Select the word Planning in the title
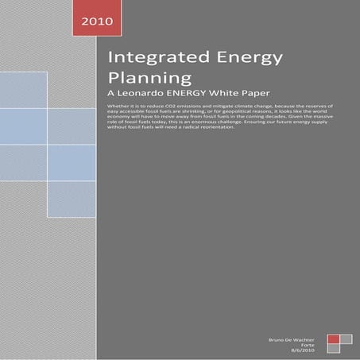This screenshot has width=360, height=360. coord(150,79)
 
